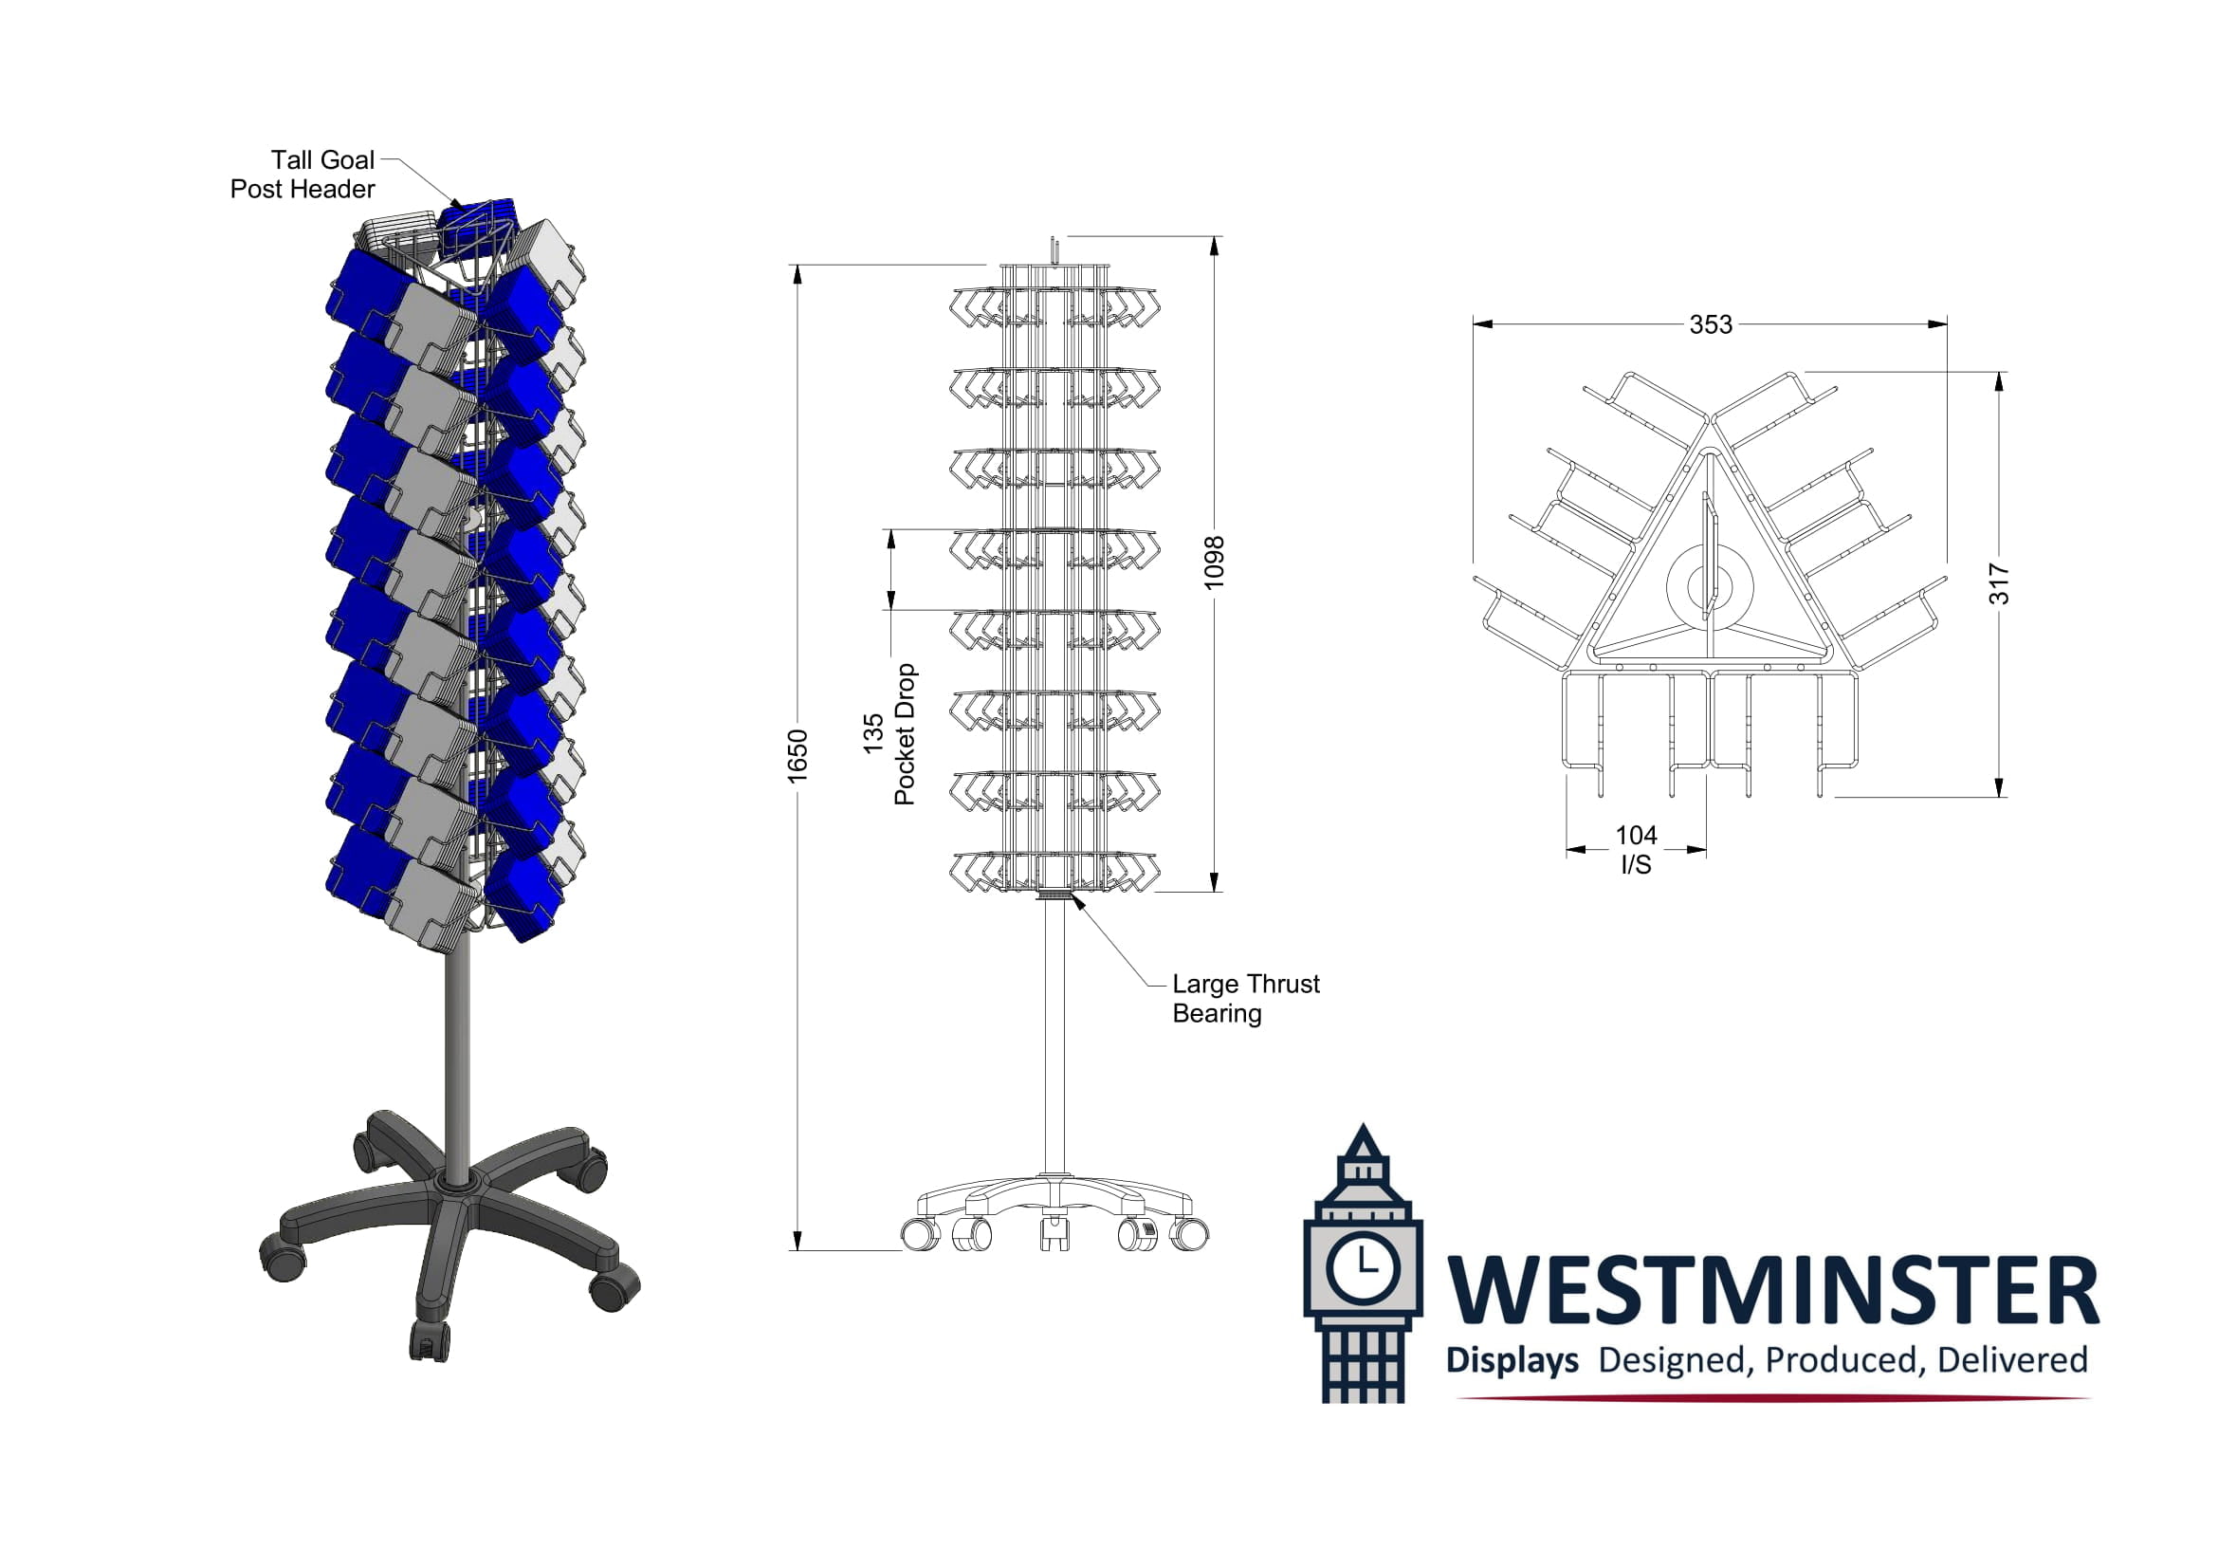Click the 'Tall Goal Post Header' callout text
(x=302, y=174)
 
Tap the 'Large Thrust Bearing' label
(x=1245, y=998)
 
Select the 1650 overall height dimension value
(x=797, y=756)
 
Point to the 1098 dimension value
(x=1214, y=563)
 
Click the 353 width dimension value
(x=1710, y=324)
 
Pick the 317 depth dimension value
(x=1999, y=584)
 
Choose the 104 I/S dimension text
(x=1636, y=849)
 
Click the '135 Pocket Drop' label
(x=889, y=734)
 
